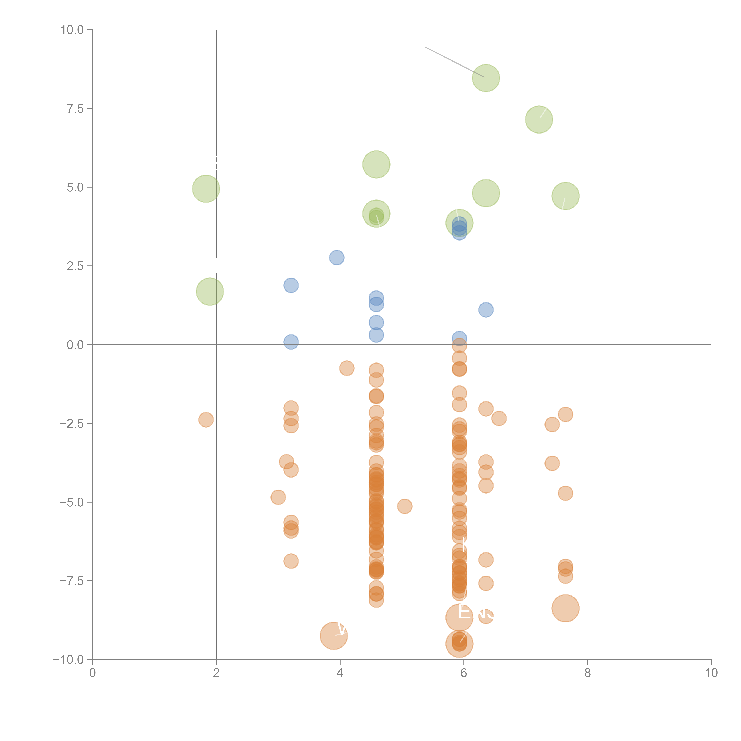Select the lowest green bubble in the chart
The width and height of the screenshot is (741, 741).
[210, 292]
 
